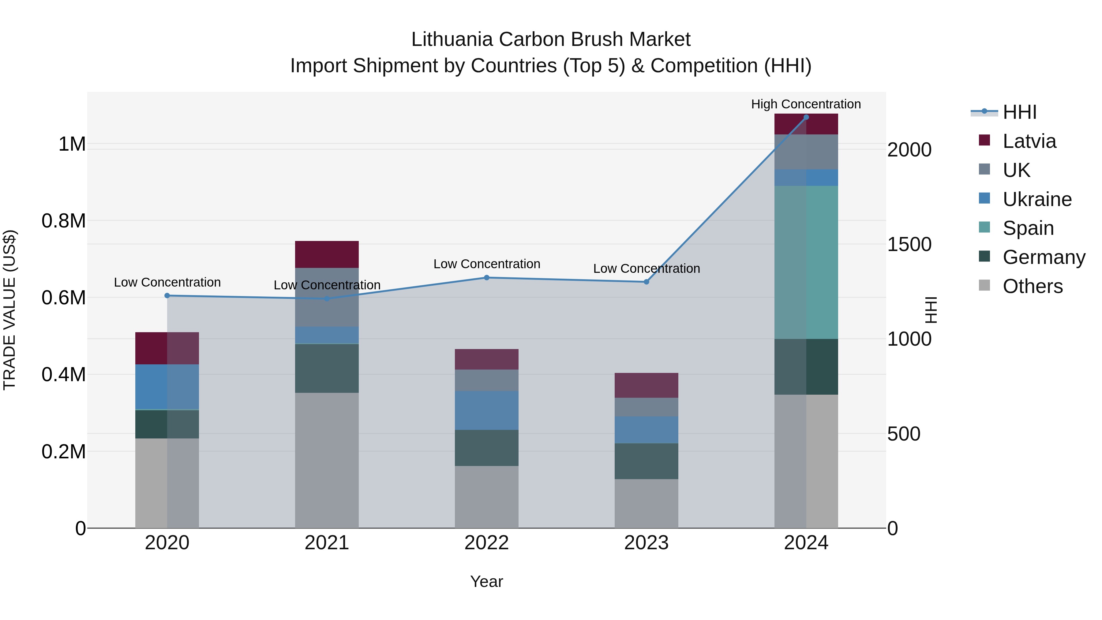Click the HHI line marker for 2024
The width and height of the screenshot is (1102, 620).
click(806, 117)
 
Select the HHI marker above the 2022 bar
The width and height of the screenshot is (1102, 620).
click(486, 278)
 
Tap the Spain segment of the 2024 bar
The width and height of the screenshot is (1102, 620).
click(806, 262)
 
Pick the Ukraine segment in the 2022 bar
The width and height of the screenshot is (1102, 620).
click(486, 410)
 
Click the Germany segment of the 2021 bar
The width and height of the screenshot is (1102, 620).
click(327, 368)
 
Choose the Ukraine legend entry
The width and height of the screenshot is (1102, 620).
click(1037, 199)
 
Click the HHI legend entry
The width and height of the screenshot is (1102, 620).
click(1019, 112)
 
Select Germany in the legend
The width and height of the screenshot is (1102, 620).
click(1044, 257)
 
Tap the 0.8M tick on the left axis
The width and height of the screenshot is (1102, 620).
click(63, 221)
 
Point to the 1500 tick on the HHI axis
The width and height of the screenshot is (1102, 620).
click(909, 244)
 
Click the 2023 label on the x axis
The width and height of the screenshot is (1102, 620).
click(646, 543)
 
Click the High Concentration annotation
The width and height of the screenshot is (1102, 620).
click(806, 104)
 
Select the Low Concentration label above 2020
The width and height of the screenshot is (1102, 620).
click(167, 282)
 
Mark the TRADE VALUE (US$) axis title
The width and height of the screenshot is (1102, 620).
click(9, 310)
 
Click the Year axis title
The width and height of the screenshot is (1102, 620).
click(486, 581)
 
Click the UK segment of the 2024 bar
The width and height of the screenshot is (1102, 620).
click(806, 152)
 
